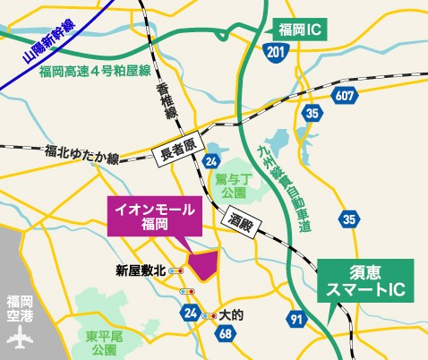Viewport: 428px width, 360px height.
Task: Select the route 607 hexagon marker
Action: pyautogui.click(x=345, y=93)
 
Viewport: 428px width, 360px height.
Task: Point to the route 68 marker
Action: pyautogui.click(x=223, y=333)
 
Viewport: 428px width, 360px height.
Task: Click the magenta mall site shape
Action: pyautogui.click(x=203, y=267)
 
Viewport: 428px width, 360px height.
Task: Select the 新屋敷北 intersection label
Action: pyautogui.click(x=141, y=270)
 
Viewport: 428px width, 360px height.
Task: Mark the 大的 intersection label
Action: pyautogui.click(x=231, y=315)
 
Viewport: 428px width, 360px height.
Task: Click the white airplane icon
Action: pyautogui.click(x=18, y=341)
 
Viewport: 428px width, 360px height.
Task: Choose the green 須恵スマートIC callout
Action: pyautogui.click(x=365, y=280)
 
